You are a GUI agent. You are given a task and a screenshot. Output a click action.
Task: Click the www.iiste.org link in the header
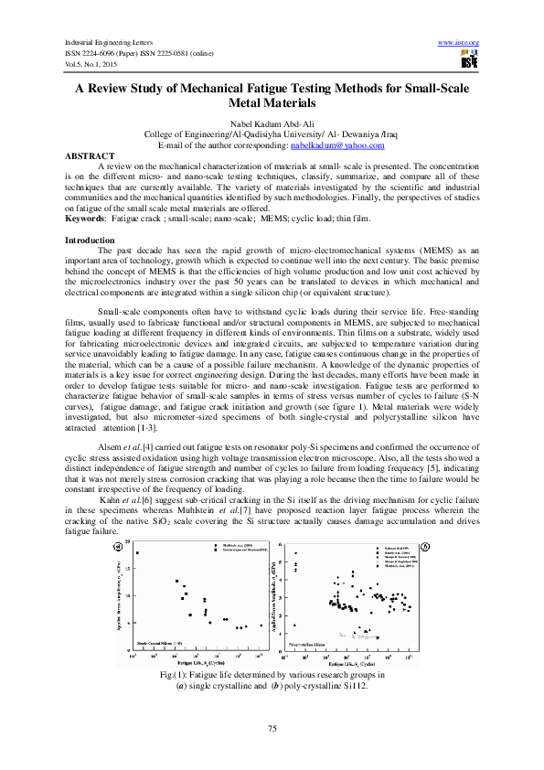pos(459,43)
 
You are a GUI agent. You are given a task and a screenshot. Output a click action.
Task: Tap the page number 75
pos(272,728)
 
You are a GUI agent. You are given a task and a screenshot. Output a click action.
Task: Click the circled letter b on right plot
pos(424,547)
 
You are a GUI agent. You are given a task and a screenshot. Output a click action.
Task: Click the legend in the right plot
pos(394,557)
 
